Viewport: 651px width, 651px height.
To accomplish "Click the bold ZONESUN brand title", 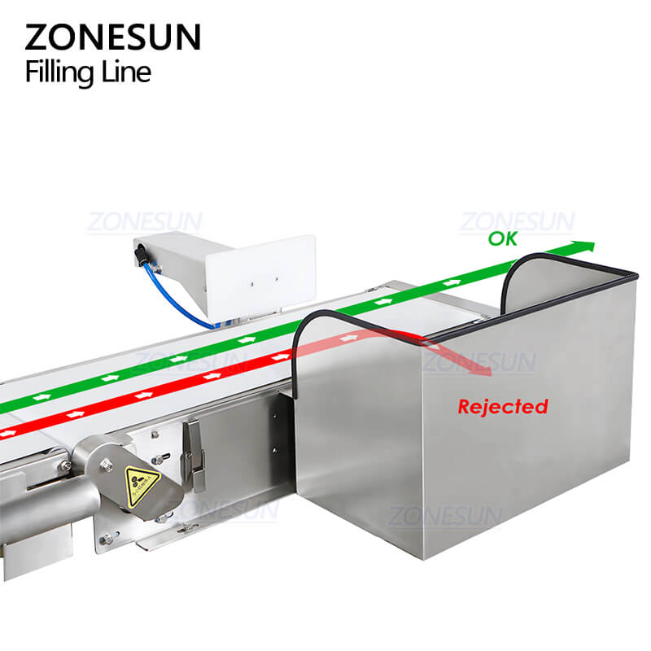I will click(112, 37).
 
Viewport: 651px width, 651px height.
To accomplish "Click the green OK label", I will click(502, 239).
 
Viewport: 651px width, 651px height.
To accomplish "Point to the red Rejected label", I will click(502, 406).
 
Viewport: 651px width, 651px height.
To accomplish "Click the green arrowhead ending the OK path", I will click(584, 247).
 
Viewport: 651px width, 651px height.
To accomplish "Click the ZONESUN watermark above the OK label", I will click(517, 221).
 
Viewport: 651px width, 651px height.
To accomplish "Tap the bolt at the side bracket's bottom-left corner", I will click(105, 538).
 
